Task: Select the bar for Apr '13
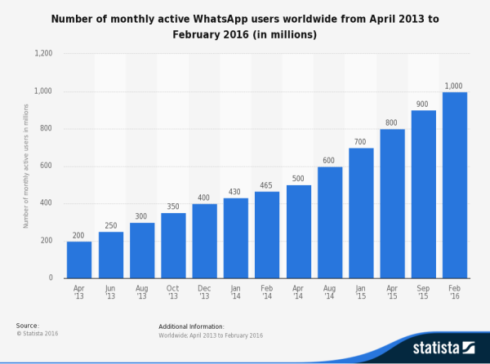tap(79, 260)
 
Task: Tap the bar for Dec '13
tap(204, 241)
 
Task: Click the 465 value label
tap(267, 185)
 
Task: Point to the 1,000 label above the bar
tap(455, 86)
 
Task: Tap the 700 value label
tap(361, 141)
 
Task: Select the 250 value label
tap(110, 225)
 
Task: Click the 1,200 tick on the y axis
tap(42, 54)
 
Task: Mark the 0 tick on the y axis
tap(51, 278)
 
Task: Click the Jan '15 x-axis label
tap(361, 292)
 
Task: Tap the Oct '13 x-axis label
tap(173, 292)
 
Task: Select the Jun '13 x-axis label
tap(110, 292)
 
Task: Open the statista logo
tap(442, 348)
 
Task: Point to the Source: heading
tap(28, 326)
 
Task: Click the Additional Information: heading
tap(190, 326)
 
